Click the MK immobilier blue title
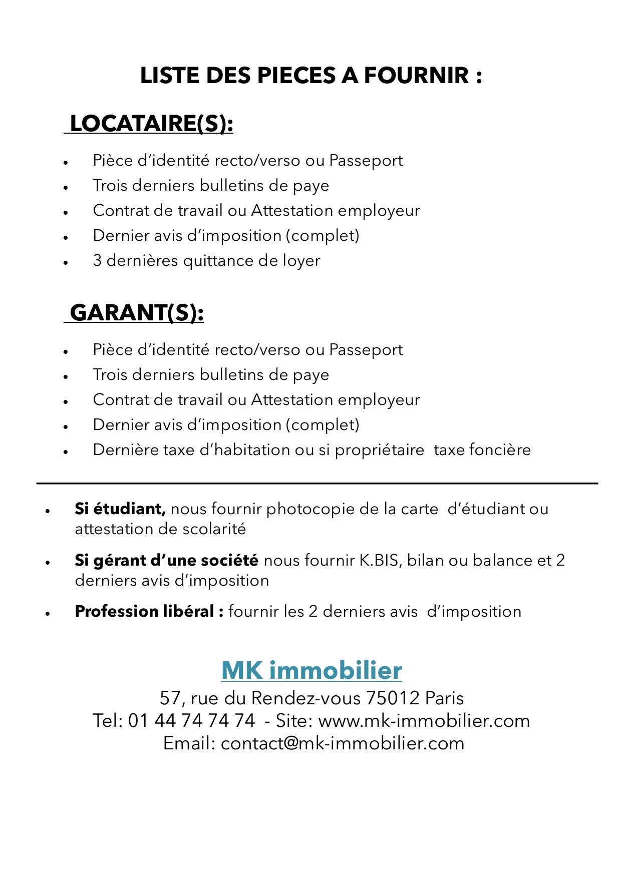312,670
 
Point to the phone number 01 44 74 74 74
192,721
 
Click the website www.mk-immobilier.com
424,721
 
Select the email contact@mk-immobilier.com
343,743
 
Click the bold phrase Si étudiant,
120,509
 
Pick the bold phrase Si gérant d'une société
166,560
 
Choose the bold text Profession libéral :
149,612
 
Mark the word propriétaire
379,450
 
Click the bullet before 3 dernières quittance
66,262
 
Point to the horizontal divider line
317,483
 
